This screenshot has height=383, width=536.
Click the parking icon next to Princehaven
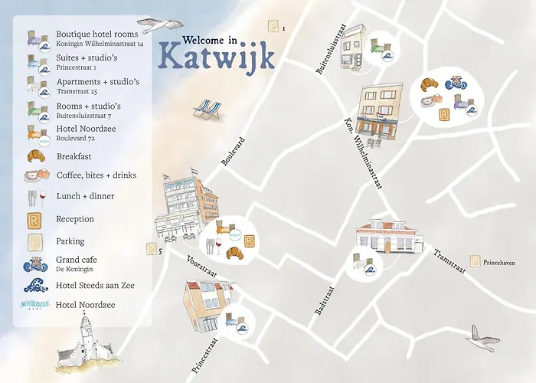point(475,261)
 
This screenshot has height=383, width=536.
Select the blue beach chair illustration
point(206,110)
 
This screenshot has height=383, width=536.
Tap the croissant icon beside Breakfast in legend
point(35,156)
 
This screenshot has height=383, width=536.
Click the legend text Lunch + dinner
point(85,196)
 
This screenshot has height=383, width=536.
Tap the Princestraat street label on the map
point(202,352)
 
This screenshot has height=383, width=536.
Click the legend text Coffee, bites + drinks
point(96,175)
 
